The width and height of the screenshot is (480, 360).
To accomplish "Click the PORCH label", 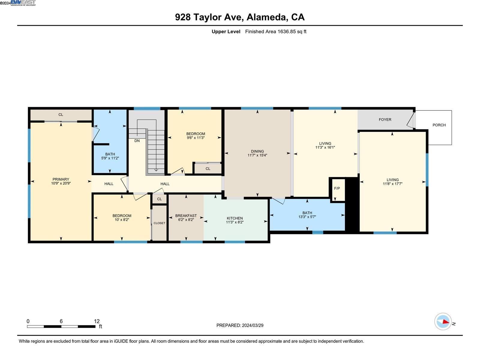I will (439, 125).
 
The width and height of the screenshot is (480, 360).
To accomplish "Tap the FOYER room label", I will (385, 119).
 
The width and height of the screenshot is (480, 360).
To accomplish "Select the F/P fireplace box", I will (337, 188).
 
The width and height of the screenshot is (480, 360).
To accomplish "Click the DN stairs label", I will (137, 141).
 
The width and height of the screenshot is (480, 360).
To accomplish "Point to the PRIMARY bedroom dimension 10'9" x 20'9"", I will (61, 183).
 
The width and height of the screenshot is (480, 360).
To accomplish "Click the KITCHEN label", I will (235, 218).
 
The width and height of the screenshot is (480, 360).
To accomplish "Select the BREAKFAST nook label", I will (186, 216).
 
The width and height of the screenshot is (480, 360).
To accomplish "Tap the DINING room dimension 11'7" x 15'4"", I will (257, 155).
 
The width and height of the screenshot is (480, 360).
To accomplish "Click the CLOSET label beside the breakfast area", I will (159, 223).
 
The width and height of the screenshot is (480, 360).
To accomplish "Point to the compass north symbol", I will (443, 322).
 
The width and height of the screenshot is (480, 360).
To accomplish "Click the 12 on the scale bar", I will (97, 321).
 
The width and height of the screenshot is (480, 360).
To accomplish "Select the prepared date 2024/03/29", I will (253, 325).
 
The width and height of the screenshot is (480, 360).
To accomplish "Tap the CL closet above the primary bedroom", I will (61, 115).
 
